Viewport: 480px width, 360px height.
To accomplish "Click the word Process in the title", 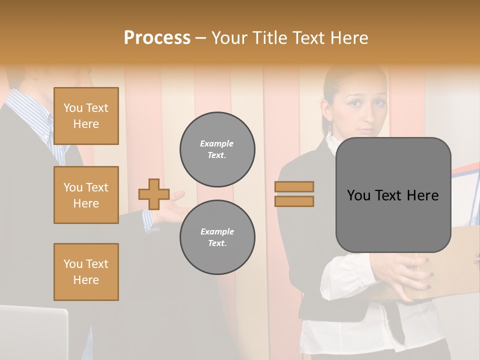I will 157,37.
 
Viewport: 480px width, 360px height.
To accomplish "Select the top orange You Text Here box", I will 86,116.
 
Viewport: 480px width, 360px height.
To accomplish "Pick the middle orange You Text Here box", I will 86,195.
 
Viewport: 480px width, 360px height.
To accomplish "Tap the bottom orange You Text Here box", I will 86,271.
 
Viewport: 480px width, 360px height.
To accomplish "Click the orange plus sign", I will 154,194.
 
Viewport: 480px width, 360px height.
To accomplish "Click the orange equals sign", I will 294,194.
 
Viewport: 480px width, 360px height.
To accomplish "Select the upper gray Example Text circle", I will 217,149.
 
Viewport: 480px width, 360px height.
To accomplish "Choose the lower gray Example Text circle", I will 217,237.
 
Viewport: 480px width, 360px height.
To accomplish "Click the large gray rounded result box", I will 393,195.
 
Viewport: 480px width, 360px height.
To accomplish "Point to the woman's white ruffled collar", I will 332,142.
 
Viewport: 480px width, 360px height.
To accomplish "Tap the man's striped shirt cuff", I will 149,220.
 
